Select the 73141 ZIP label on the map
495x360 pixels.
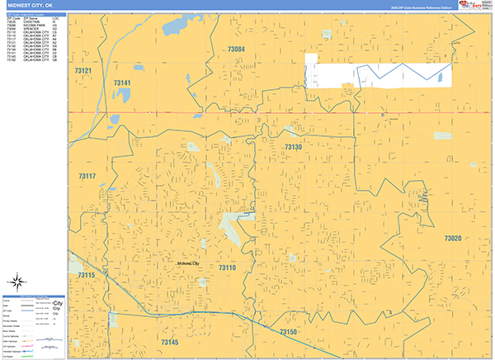(122, 83)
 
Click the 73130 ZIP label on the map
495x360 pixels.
(294, 147)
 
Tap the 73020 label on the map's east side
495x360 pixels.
(453, 239)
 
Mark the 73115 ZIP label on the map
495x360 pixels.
(86, 275)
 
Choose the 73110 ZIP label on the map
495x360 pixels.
(228, 268)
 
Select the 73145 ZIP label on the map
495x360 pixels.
(169, 342)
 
